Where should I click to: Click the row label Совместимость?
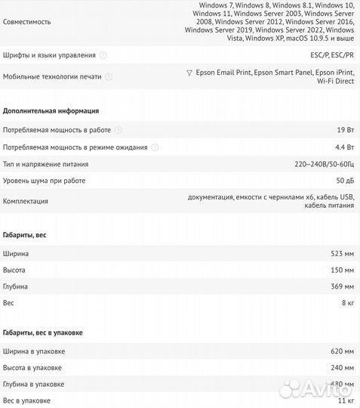click(27, 22)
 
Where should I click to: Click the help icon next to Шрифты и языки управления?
click(103, 55)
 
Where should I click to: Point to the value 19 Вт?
click(344, 130)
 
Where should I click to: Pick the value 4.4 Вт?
click(343, 147)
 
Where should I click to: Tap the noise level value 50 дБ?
click(343, 181)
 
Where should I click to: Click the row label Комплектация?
click(26, 201)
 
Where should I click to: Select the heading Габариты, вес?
click(25, 236)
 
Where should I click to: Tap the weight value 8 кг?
click(347, 303)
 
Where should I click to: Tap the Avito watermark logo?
click(318, 390)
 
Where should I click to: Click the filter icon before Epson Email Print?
click(189, 73)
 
